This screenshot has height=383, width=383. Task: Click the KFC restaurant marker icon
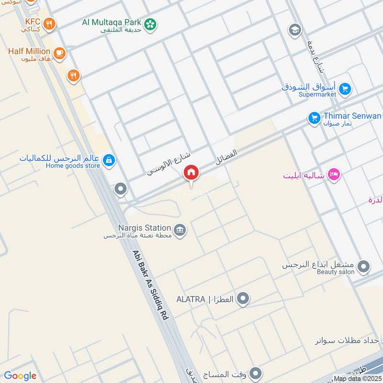tap(48, 23)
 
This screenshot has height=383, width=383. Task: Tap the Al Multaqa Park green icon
tap(150, 23)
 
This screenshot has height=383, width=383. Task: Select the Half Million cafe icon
tap(59, 53)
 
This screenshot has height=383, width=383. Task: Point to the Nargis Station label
tap(145, 228)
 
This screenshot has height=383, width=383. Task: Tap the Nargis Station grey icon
tap(180, 230)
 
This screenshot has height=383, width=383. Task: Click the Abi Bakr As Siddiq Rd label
tap(151, 285)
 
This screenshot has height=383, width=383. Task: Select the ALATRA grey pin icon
tap(243, 299)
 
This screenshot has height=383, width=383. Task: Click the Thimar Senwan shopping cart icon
tap(314, 118)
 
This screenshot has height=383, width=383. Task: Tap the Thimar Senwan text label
tap(352, 116)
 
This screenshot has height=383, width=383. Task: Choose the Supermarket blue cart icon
tap(344, 89)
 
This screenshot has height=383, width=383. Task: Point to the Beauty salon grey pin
tap(363, 266)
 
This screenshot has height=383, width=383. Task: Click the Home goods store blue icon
tap(109, 160)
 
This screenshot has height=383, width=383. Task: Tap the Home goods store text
tap(73, 166)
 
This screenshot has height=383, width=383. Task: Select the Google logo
tap(20, 376)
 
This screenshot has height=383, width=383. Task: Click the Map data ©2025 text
tap(358, 378)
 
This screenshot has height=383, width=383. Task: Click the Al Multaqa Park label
tap(112, 22)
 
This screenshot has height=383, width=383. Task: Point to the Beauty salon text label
tap(336, 272)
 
